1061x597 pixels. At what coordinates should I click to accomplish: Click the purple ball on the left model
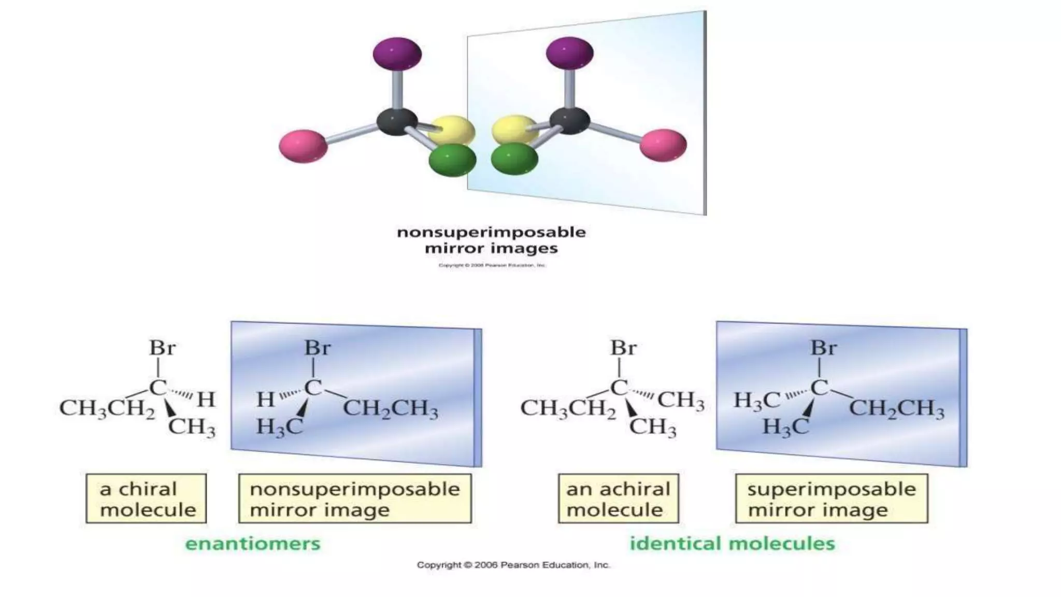click(x=397, y=53)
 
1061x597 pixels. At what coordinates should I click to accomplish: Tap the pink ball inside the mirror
click(x=663, y=145)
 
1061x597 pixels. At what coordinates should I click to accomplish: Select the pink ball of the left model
click(x=303, y=146)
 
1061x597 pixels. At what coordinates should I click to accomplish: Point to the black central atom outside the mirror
click(x=397, y=122)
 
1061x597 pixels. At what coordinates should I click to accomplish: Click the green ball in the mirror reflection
click(x=514, y=159)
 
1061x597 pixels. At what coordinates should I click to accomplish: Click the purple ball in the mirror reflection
click(x=569, y=53)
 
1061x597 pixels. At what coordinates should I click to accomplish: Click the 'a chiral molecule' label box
click(x=146, y=499)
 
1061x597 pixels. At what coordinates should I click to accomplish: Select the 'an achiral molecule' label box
click(x=618, y=499)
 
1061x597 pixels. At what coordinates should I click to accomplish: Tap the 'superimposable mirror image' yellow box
click(x=831, y=499)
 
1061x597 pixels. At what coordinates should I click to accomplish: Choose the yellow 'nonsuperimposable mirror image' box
click(x=355, y=499)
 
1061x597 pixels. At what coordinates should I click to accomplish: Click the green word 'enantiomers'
click(x=253, y=544)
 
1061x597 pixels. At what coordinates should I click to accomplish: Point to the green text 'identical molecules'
click(x=732, y=544)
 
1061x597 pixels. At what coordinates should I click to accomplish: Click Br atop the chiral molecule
click(x=162, y=348)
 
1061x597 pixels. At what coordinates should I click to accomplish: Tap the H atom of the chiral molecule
click(x=206, y=399)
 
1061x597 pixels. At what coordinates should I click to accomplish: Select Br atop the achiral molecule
click(x=623, y=348)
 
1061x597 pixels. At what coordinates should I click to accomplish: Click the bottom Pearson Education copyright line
click(x=513, y=565)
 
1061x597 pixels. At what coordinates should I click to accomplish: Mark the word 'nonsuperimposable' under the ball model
click(x=491, y=232)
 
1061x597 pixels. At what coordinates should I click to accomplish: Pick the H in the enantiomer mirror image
click(x=265, y=399)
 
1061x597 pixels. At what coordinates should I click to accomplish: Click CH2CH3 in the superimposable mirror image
click(x=896, y=409)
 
